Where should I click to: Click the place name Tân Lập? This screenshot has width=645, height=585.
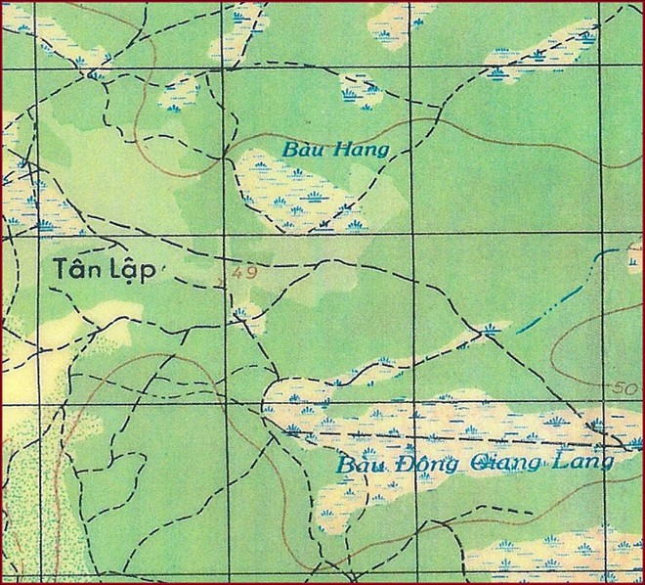point(105,268)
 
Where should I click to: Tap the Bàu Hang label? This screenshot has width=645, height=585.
point(335,150)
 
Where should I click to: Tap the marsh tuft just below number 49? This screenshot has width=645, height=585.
point(240,314)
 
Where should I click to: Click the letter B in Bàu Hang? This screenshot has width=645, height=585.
point(289,150)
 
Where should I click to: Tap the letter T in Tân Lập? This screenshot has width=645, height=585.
point(61,267)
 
